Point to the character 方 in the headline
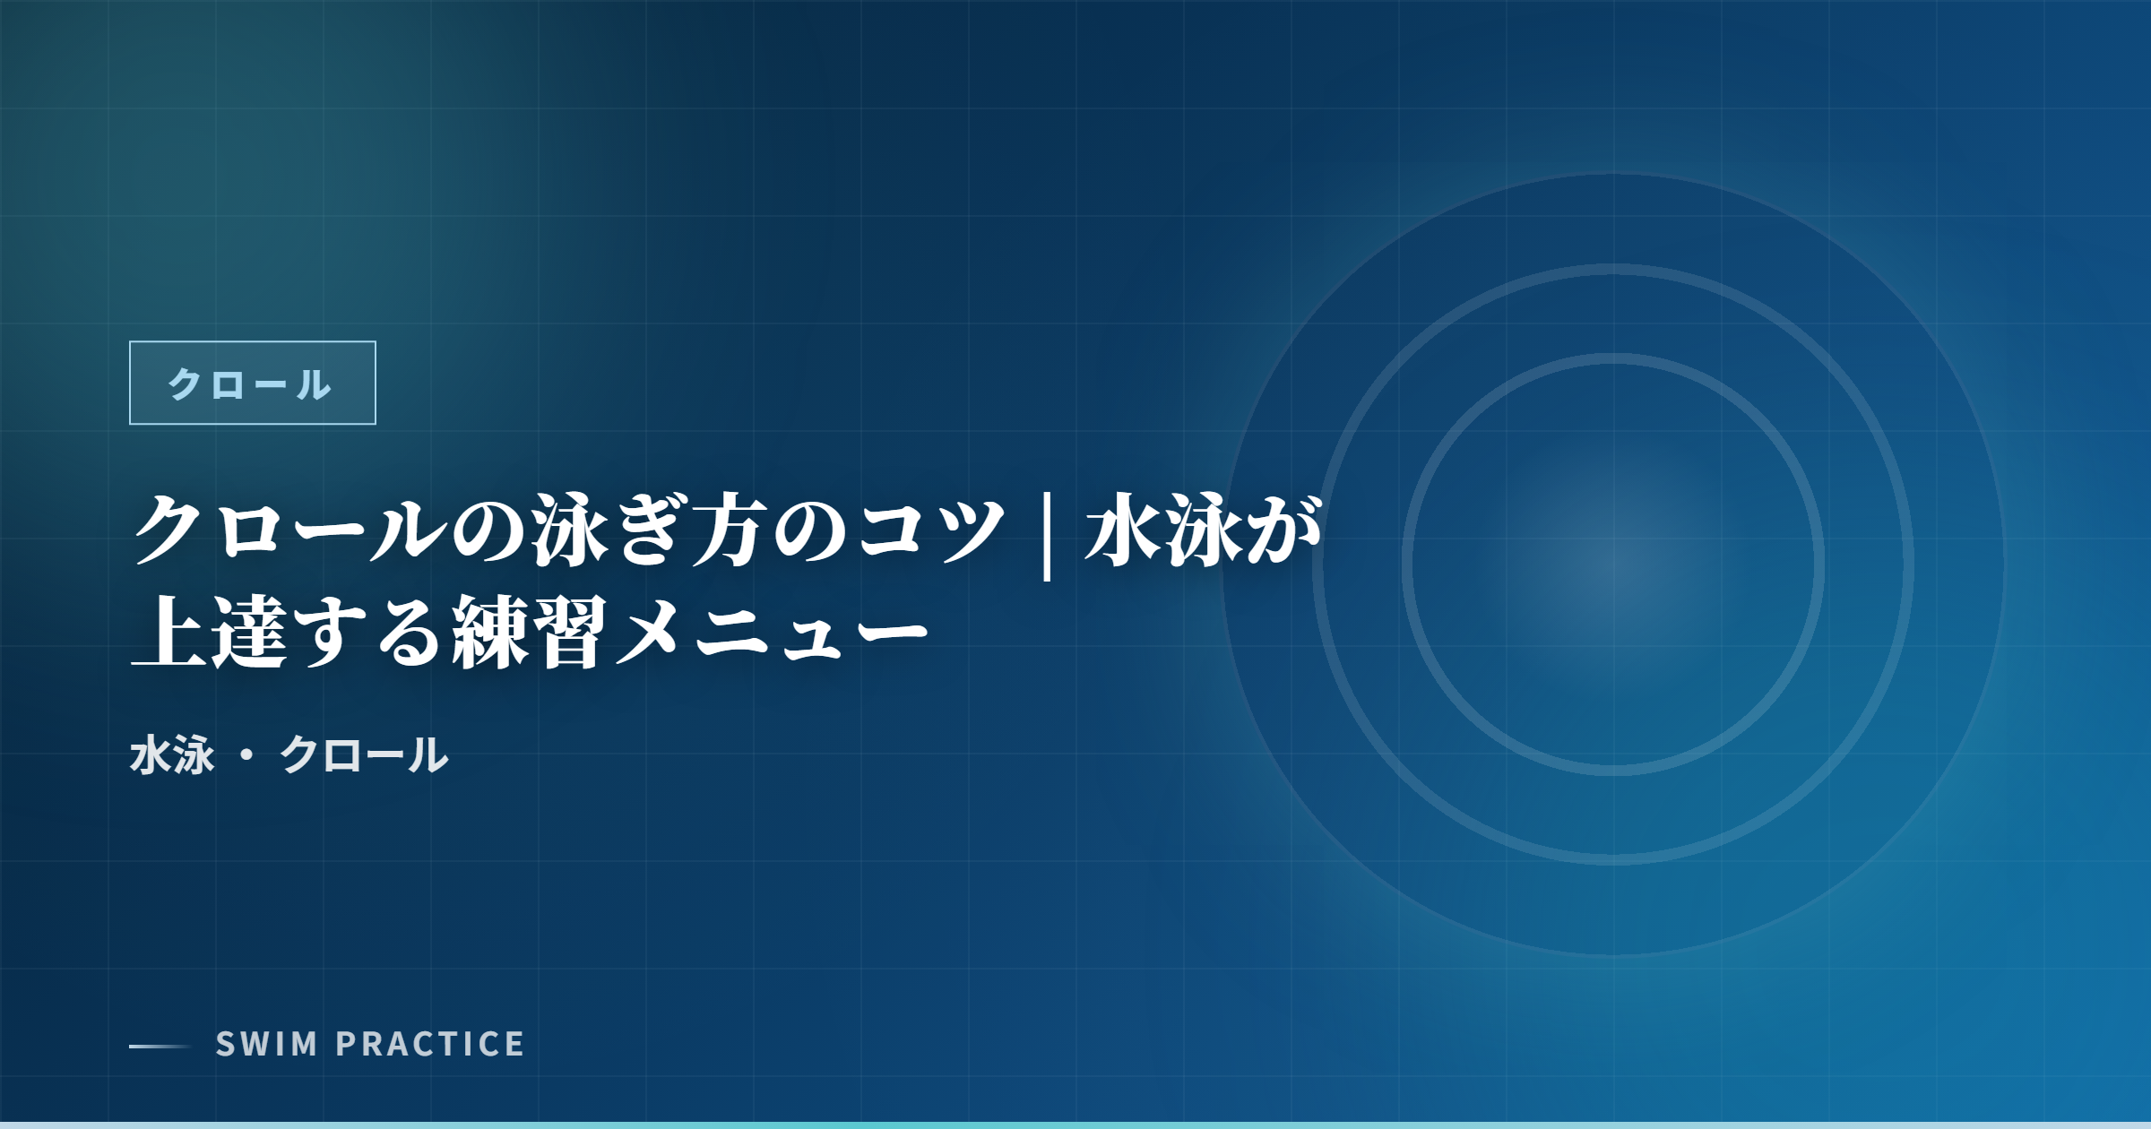coord(730,531)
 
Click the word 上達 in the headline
coord(210,633)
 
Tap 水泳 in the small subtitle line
coord(173,754)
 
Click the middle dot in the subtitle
coord(247,755)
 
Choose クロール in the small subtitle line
coord(363,754)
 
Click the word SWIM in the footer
coord(266,1044)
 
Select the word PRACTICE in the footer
coord(430,1044)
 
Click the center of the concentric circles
coord(1613,564)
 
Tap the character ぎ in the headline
coord(651,531)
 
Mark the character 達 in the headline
coord(250,633)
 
